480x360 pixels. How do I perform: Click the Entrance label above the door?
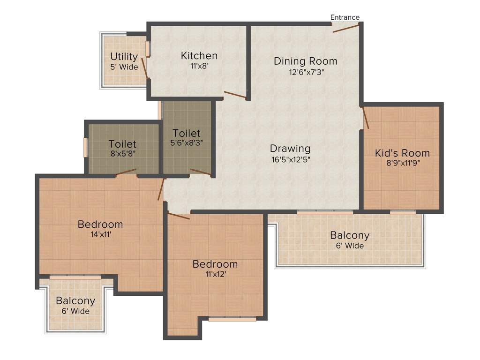tap(345, 17)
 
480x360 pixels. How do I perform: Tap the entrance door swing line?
tap(346, 28)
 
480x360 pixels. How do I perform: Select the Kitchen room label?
tap(199, 56)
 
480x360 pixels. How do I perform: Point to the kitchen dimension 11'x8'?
tap(199, 66)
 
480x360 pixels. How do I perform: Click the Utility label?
tap(124, 57)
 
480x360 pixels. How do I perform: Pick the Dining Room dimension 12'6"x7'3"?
tap(305, 72)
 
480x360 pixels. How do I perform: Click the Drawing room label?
tap(290, 149)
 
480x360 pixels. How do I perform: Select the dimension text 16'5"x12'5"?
tap(290, 159)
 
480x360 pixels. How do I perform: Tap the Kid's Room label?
tap(402, 153)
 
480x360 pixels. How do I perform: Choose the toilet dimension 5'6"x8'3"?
tap(187, 142)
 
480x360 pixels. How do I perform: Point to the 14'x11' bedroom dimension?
tap(100, 234)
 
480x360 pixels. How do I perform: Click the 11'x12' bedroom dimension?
tap(215, 274)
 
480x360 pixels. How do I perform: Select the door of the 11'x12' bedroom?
tap(179, 216)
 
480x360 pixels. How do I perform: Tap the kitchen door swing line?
tap(235, 95)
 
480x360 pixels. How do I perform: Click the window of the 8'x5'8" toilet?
tap(85, 147)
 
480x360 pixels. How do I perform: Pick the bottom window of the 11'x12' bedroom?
tap(232, 319)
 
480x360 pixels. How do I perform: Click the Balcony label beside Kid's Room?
tap(350, 235)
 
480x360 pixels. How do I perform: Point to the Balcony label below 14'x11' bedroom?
tap(75, 301)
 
